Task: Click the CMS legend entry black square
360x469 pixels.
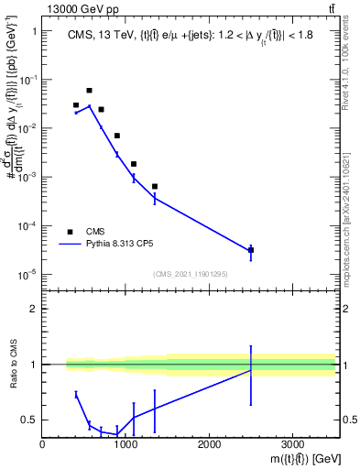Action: tap(70, 232)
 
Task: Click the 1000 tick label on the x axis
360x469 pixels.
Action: tap(125, 444)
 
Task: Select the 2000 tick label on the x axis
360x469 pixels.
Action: tap(209, 444)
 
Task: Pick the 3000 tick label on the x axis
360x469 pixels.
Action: tap(292, 444)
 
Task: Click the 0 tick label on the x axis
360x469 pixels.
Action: tap(43, 444)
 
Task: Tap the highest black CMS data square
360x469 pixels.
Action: tap(89, 91)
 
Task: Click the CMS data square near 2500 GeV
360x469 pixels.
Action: tap(251, 249)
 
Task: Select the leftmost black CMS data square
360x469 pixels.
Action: tap(76, 105)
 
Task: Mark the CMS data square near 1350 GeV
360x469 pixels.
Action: tap(155, 186)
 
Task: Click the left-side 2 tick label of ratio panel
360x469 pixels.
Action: tap(33, 309)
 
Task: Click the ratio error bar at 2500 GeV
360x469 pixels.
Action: tap(251, 375)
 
